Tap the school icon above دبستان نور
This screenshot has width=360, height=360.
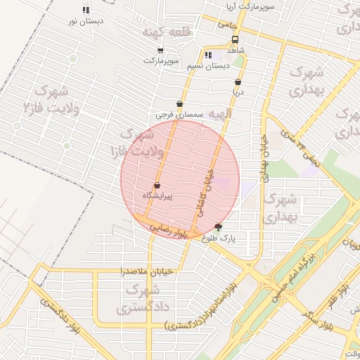click(x=86, y=11)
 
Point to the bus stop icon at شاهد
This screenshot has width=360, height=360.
click(x=235, y=40)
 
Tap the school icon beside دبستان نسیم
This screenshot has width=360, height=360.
click(x=207, y=55)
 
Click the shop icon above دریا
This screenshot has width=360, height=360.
click(x=238, y=81)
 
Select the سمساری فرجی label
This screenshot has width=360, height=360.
click(x=180, y=114)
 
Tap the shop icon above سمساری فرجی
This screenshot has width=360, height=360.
click(x=180, y=103)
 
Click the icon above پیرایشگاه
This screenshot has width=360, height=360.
click(x=156, y=185)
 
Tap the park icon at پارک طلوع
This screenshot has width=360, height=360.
click(x=217, y=227)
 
